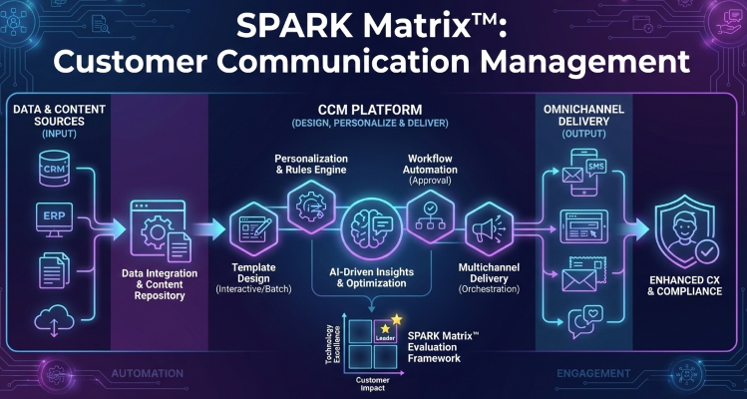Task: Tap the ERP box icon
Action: pos(53,218)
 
